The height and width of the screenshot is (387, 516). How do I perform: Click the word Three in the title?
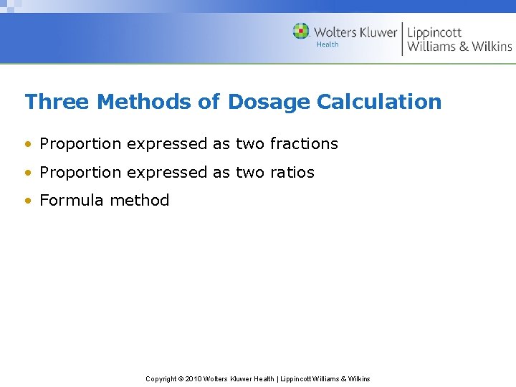pyautogui.click(x=57, y=102)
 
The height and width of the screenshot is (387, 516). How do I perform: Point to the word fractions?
pyautogui.click(x=303, y=144)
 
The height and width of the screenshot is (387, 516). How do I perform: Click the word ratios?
pyautogui.click(x=292, y=173)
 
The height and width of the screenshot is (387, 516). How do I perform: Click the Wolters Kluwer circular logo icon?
pyautogui.click(x=301, y=32)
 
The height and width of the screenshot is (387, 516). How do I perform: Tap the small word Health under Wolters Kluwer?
pyautogui.click(x=328, y=44)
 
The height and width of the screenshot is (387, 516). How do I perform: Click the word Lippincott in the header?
pyautogui.click(x=434, y=32)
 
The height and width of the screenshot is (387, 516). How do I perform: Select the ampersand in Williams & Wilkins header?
pyautogui.click(x=464, y=47)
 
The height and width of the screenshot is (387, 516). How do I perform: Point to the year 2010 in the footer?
pyautogui.click(x=193, y=378)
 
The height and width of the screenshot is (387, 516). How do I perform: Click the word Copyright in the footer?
pyautogui.click(x=162, y=378)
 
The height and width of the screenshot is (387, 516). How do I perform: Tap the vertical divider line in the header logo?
pyautogui.click(x=402, y=39)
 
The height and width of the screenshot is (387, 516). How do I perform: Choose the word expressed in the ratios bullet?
pyautogui.click(x=166, y=173)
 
